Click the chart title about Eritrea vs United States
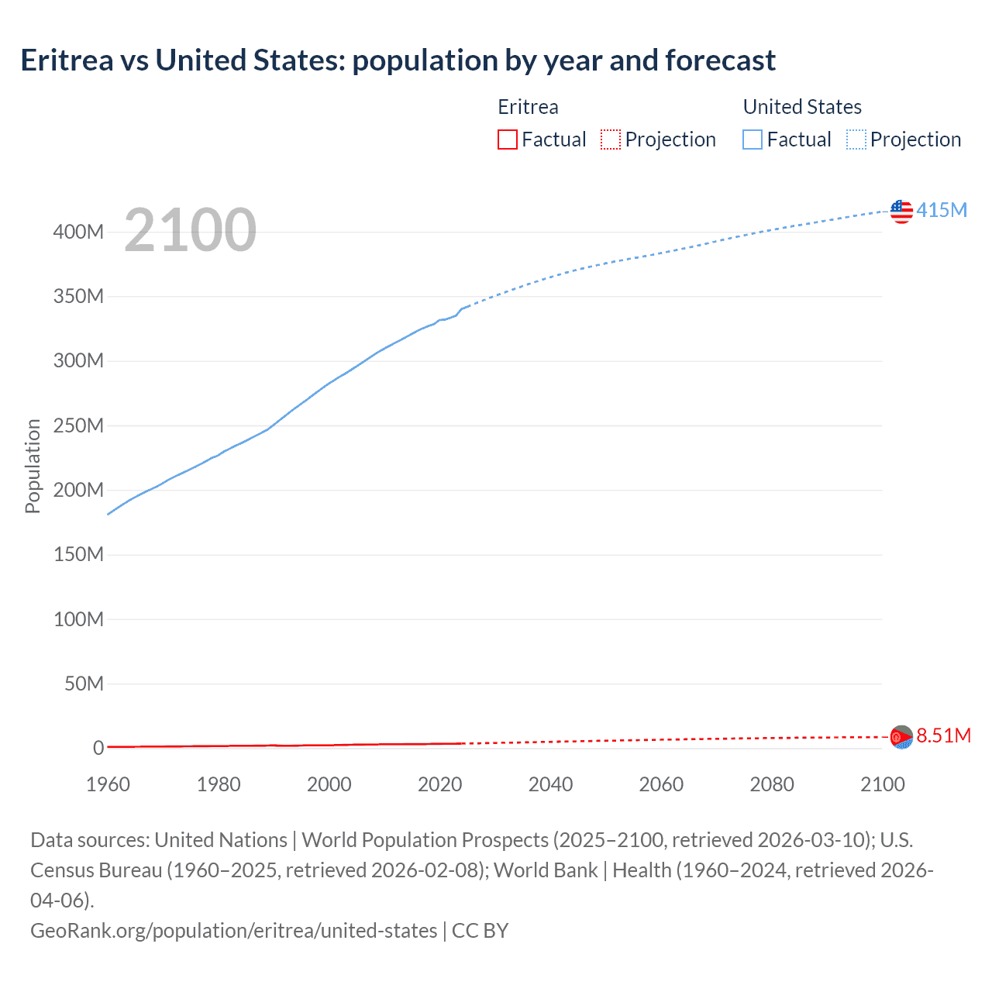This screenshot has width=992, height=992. pyautogui.click(x=398, y=60)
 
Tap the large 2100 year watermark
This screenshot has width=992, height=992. pyautogui.click(x=190, y=230)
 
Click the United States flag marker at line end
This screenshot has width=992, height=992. pyautogui.click(x=901, y=211)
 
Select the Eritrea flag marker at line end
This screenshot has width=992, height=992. pyautogui.click(x=901, y=736)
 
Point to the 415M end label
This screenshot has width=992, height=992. pyautogui.click(x=942, y=210)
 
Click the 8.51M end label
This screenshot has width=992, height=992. pyautogui.click(x=943, y=735)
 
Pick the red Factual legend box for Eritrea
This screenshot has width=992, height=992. pyautogui.click(x=508, y=139)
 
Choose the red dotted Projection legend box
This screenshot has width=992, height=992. pyautogui.click(x=611, y=139)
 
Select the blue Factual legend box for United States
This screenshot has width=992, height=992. pyautogui.click(x=753, y=139)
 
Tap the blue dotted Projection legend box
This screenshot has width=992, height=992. pyautogui.click(x=856, y=139)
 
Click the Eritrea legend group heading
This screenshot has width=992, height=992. pyautogui.click(x=528, y=107)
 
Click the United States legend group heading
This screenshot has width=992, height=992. pyautogui.click(x=802, y=107)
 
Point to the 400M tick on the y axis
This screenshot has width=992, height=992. pyautogui.click(x=78, y=232)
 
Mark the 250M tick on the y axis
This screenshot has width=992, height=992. pyautogui.click(x=78, y=425)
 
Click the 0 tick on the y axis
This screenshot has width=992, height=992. pyautogui.click(x=98, y=748)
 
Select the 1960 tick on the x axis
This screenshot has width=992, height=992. pyautogui.click(x=108, y=784)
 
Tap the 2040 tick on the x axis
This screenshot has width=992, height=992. pyautogui.click(x=550, y=784)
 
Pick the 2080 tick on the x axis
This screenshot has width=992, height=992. pyautogui.click(x=772, y=784)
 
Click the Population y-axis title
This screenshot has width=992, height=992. pyautogui.click(x=33, y=466)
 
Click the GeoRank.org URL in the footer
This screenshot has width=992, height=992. pyautogui.click(x=233, y=930)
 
